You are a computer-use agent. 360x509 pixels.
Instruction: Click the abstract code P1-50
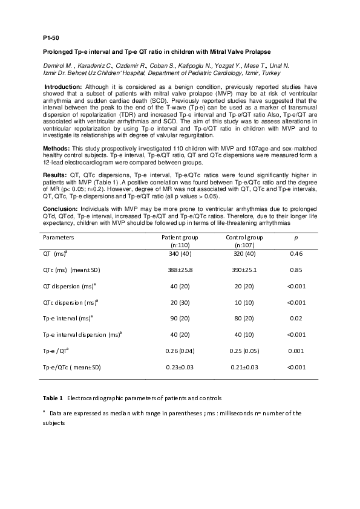pos(51,37)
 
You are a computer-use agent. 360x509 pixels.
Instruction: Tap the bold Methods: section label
pos(59,148)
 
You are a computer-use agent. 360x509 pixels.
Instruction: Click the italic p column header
pos(295,237)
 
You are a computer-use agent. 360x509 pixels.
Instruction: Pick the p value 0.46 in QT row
pos(295,254)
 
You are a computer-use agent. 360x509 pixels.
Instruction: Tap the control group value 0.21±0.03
pos(241,366)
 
